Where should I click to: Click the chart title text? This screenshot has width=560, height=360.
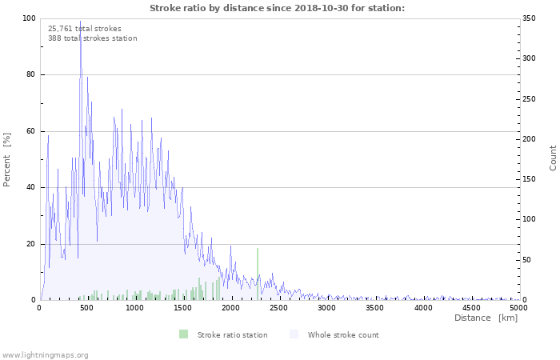tap(277, 8)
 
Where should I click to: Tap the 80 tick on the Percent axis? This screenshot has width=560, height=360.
tap(30, 74)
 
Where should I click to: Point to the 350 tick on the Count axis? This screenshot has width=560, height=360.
tap(529, 18)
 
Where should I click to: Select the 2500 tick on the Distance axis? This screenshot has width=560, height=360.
tap(278, 308)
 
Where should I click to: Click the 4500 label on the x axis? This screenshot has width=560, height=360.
tap(471, 308)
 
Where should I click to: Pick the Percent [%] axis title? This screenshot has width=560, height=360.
tap(6, 160)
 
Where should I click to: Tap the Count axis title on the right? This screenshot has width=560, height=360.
tap(553, 158)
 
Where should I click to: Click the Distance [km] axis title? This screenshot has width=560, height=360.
tap(486, 318)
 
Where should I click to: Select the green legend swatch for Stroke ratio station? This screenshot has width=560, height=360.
tap(183, 334)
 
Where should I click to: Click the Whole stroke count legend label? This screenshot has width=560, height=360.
tap(343, 335)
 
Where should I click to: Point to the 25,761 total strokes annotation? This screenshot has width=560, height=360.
tap(85, 29)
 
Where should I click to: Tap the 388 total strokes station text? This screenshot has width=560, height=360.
tap(93, 38)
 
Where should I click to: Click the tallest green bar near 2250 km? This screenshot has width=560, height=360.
tap(258, 274)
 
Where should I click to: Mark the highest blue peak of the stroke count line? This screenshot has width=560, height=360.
tap(80, 21)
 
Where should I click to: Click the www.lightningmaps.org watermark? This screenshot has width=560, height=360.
tap(44, 355)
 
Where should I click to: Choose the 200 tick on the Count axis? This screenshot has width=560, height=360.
tap(529, 139)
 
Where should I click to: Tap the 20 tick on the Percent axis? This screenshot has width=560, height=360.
tap(30, 244)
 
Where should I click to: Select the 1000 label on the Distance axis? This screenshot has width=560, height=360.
tap(134, 308)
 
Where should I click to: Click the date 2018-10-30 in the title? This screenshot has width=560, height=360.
tap(321, 8)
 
